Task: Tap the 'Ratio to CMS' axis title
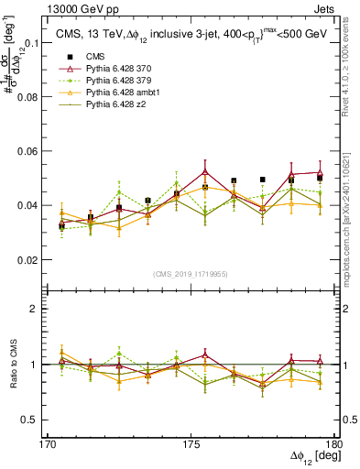coord(13,364)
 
